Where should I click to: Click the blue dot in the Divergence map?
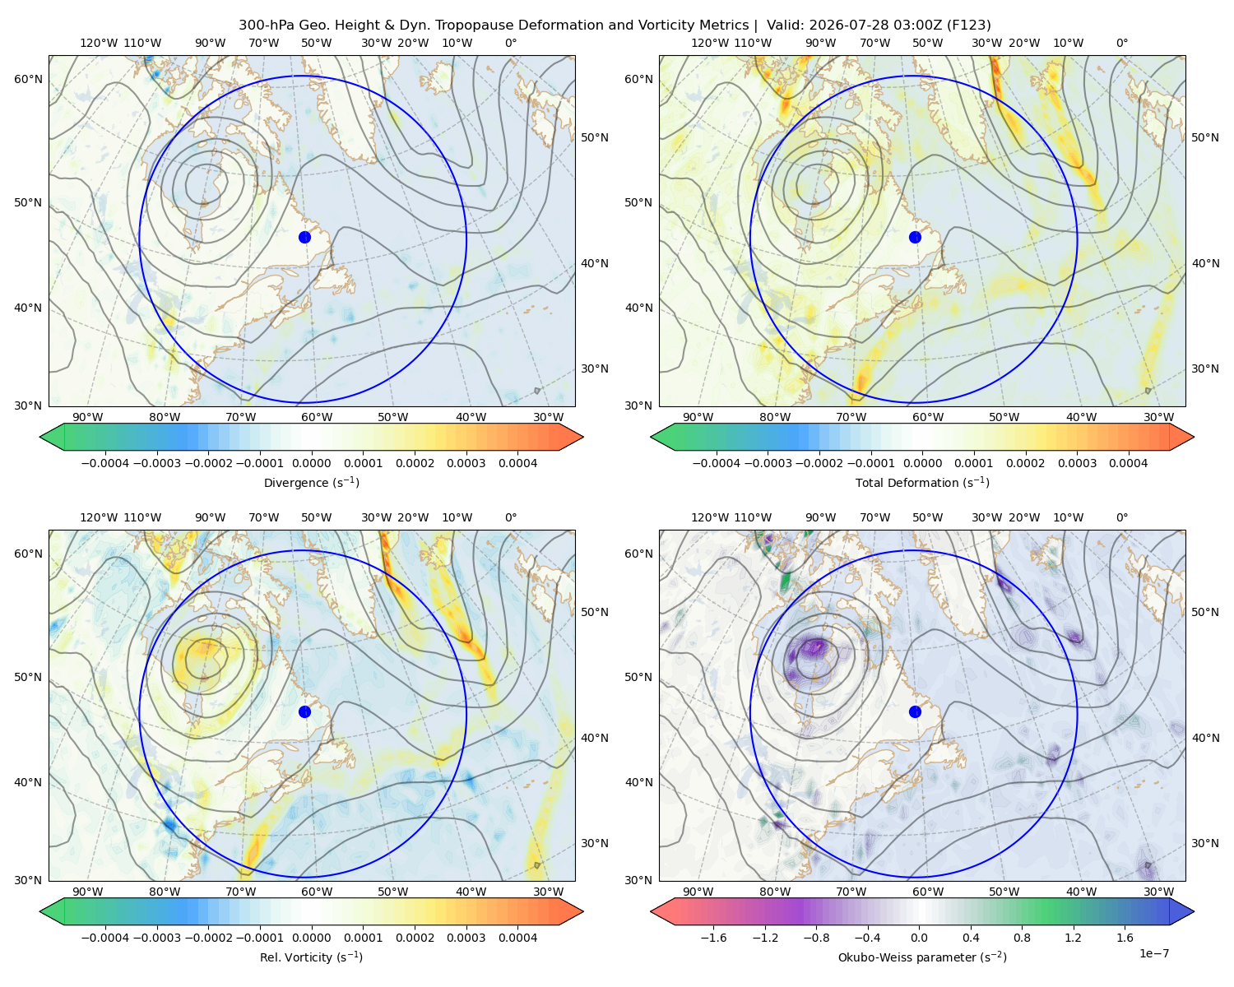click(304, 237)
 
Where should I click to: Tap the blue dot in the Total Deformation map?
click(915, 237)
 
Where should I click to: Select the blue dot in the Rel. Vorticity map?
click(304, 711)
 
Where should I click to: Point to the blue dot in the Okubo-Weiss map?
click(915, 711)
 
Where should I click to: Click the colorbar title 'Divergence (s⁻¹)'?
click(311, 482)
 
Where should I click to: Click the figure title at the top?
click(615, 25)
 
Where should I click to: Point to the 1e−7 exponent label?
click(1153, 953)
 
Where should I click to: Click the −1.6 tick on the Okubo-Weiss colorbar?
click(713, 937)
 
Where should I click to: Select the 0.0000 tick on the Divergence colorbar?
click(311, 463)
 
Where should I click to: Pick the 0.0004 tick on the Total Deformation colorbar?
click(1128, 463)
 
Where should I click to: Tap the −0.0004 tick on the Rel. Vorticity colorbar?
click(105, 937)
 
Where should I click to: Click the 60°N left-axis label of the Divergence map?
click(28, 79)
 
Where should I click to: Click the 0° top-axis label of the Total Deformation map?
click(1121, 43)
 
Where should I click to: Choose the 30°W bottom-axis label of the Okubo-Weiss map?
click(1158, 892)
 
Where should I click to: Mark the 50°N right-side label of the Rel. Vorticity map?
click(595, 612)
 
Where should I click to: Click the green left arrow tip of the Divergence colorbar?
click(40, 437)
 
